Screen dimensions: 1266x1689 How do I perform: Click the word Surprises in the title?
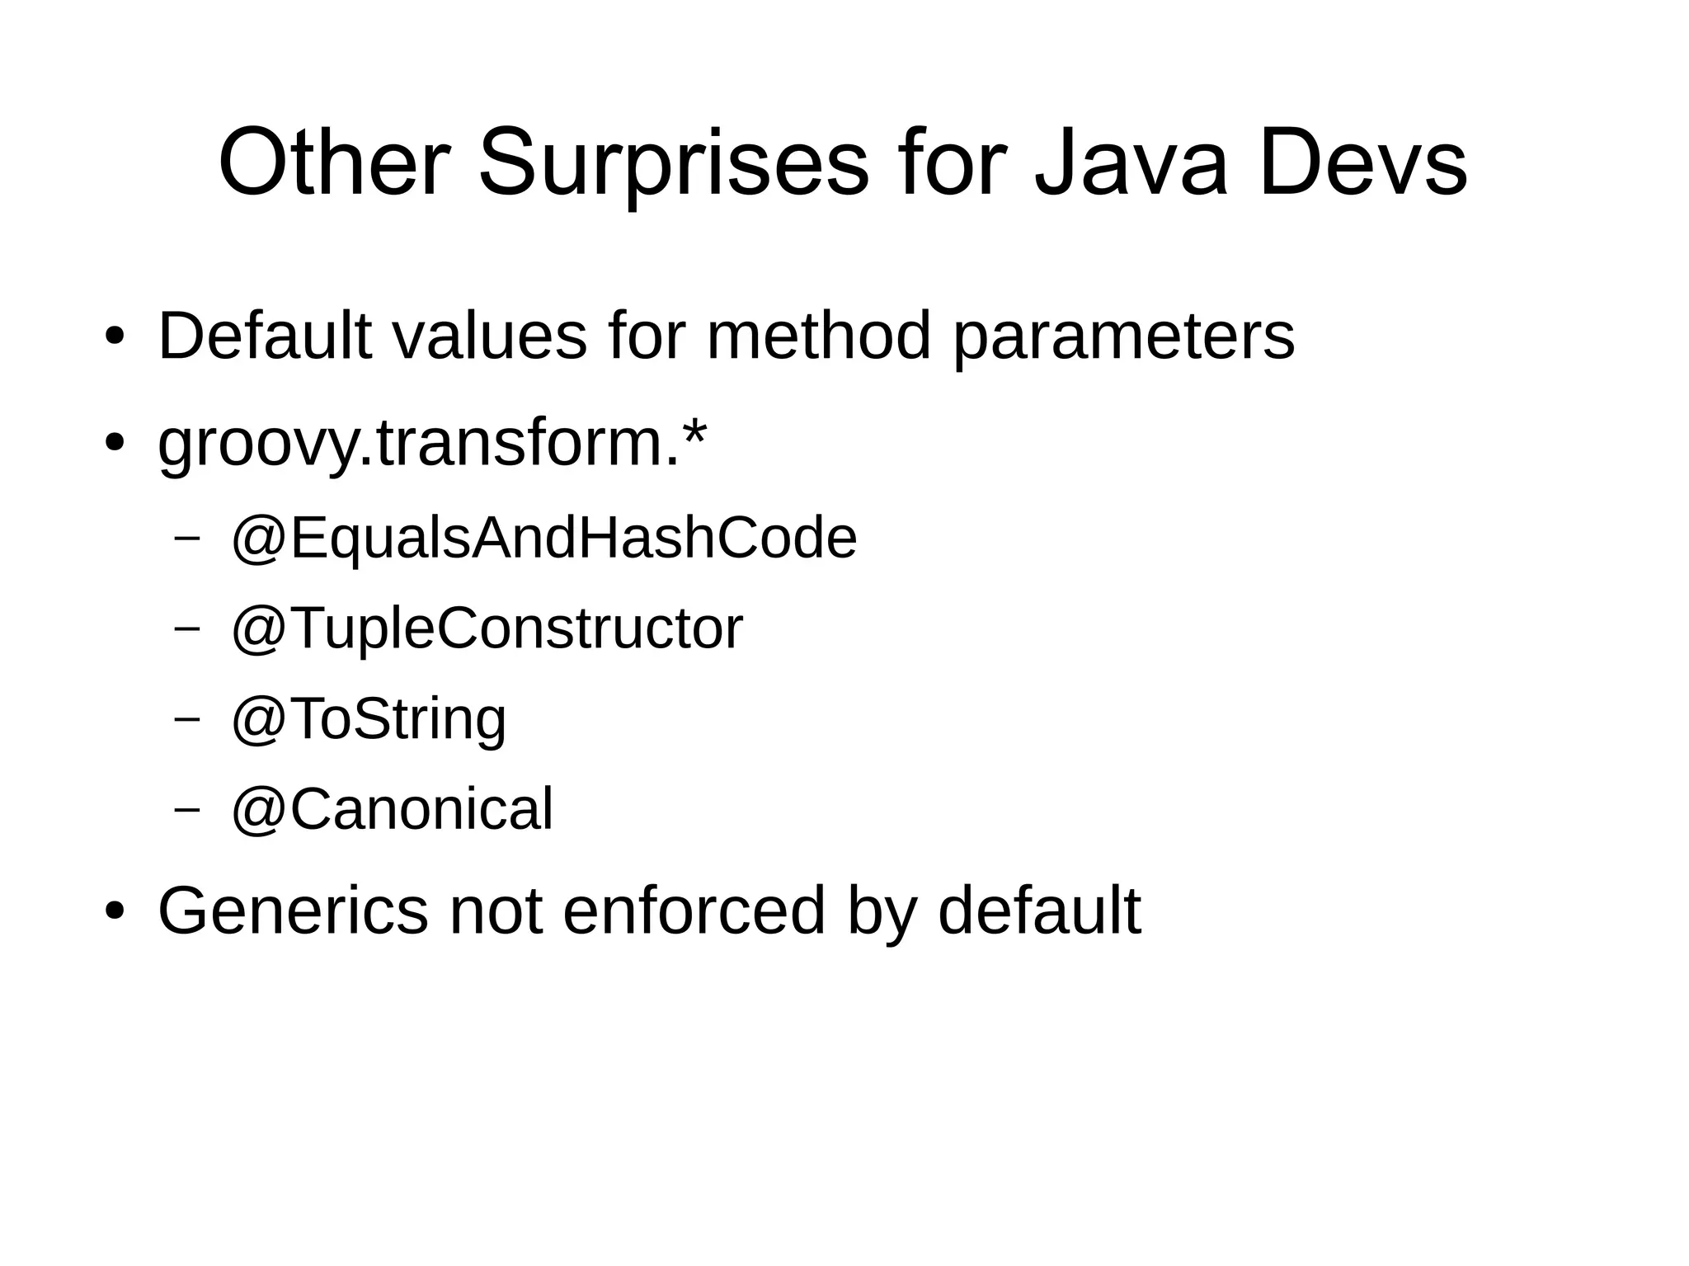click(x=673, y=163)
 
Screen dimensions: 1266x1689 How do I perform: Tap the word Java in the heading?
click(x=1131, y=163)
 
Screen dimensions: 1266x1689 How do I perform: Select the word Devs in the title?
click(x=1362, y=163)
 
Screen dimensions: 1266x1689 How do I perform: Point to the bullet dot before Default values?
click(x=114, y=337)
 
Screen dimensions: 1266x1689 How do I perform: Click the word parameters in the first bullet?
click(x=1123, y=337)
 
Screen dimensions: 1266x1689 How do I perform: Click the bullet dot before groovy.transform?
click(x=114, y=444)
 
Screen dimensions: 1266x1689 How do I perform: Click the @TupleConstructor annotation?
click(x=487, y=628)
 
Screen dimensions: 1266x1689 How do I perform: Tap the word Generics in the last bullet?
click(x=293, y=911)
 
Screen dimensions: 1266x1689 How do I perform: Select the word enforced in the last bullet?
click(x=694, y=911)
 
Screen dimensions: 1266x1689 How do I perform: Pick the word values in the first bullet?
click(x=489, y=337)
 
